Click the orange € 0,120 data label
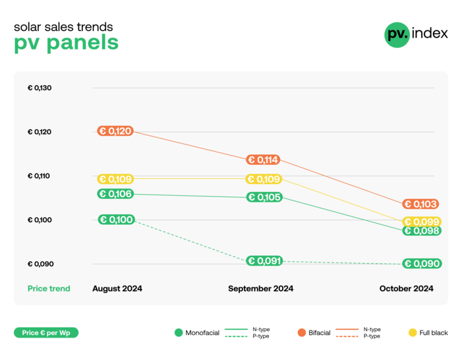[x=115, y=131]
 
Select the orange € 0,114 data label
[x=263, y=160]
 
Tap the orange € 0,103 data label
[x=421, y=204]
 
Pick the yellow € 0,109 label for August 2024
[x=115, y=179]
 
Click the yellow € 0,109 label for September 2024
[x=264, y=179]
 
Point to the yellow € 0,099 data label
[x=422, y=222]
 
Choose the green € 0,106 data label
[x=115, y=194]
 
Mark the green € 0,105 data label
[x=264, y=197]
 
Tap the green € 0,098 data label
[x=422, y=230]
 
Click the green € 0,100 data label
[x=115, y=220]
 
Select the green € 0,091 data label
[x=264, y=260]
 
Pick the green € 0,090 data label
[x=422, y=264]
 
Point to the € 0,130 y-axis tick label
[x=40, y=88]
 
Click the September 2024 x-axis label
[x=260, y=289]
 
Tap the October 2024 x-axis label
[x=406, y=289]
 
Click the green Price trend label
[x=49, y=289]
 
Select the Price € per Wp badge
[x=46, y=333]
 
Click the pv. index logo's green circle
[x=397, y=34]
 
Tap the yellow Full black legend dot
[x=413, y=333]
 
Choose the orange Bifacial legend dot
[x=302, y=333]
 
